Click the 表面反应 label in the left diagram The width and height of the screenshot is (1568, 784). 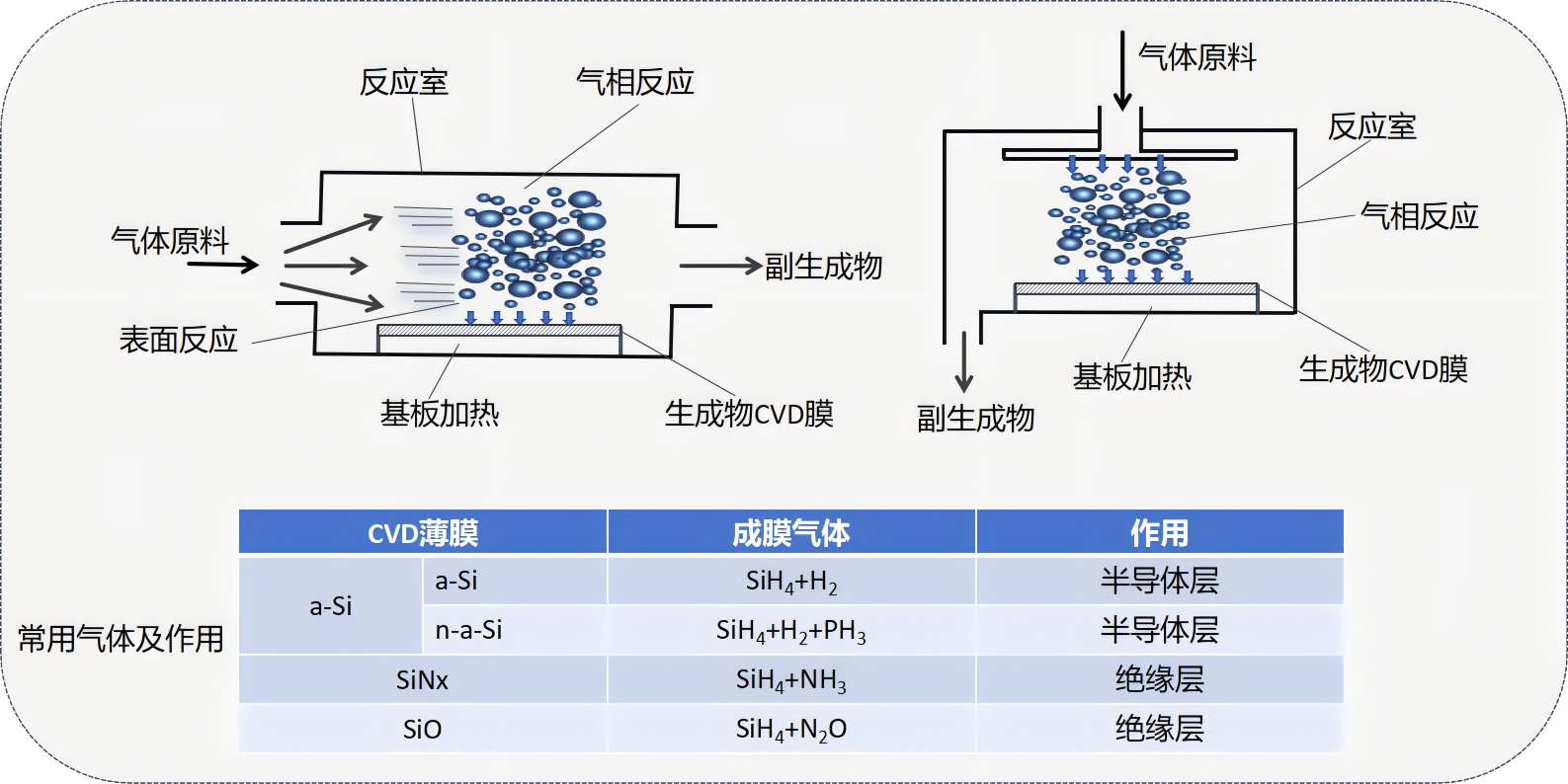click(x=178, y=340)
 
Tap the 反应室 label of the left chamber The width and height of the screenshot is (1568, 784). click(x=403, y=82)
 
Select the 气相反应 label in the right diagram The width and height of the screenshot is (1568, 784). click(x=1419, y=216)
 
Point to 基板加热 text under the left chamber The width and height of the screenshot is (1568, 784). click(x=440, y=413)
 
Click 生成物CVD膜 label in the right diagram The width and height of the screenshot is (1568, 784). click(x=1382, y=369)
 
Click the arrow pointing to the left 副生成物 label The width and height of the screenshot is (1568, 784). click(x=719, y=266)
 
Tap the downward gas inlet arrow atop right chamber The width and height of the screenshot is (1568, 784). click(x=1121, y=69)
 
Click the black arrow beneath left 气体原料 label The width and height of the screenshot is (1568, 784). click(x=223, y=264)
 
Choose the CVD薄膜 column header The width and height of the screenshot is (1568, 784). click(x=423, y=533)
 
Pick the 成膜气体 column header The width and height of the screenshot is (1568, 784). click(x=790, y=533)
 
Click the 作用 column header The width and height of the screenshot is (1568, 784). click(x=1159, y=533)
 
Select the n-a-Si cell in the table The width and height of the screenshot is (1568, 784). click(x=468, y=630)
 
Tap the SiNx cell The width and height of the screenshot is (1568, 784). click(x=422, y=680)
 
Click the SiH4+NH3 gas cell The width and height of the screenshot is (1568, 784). click(x=790, y=680)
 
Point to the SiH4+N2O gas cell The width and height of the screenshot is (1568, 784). click(x=790, y=730)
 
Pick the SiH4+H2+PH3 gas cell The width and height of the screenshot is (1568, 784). click(x=790, y=630)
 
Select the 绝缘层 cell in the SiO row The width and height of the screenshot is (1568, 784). click(x=1159, y=730)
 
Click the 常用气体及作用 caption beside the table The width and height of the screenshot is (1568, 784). click(x=121, y=639)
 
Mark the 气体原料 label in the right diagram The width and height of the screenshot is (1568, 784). click(x=1197, y=57)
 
